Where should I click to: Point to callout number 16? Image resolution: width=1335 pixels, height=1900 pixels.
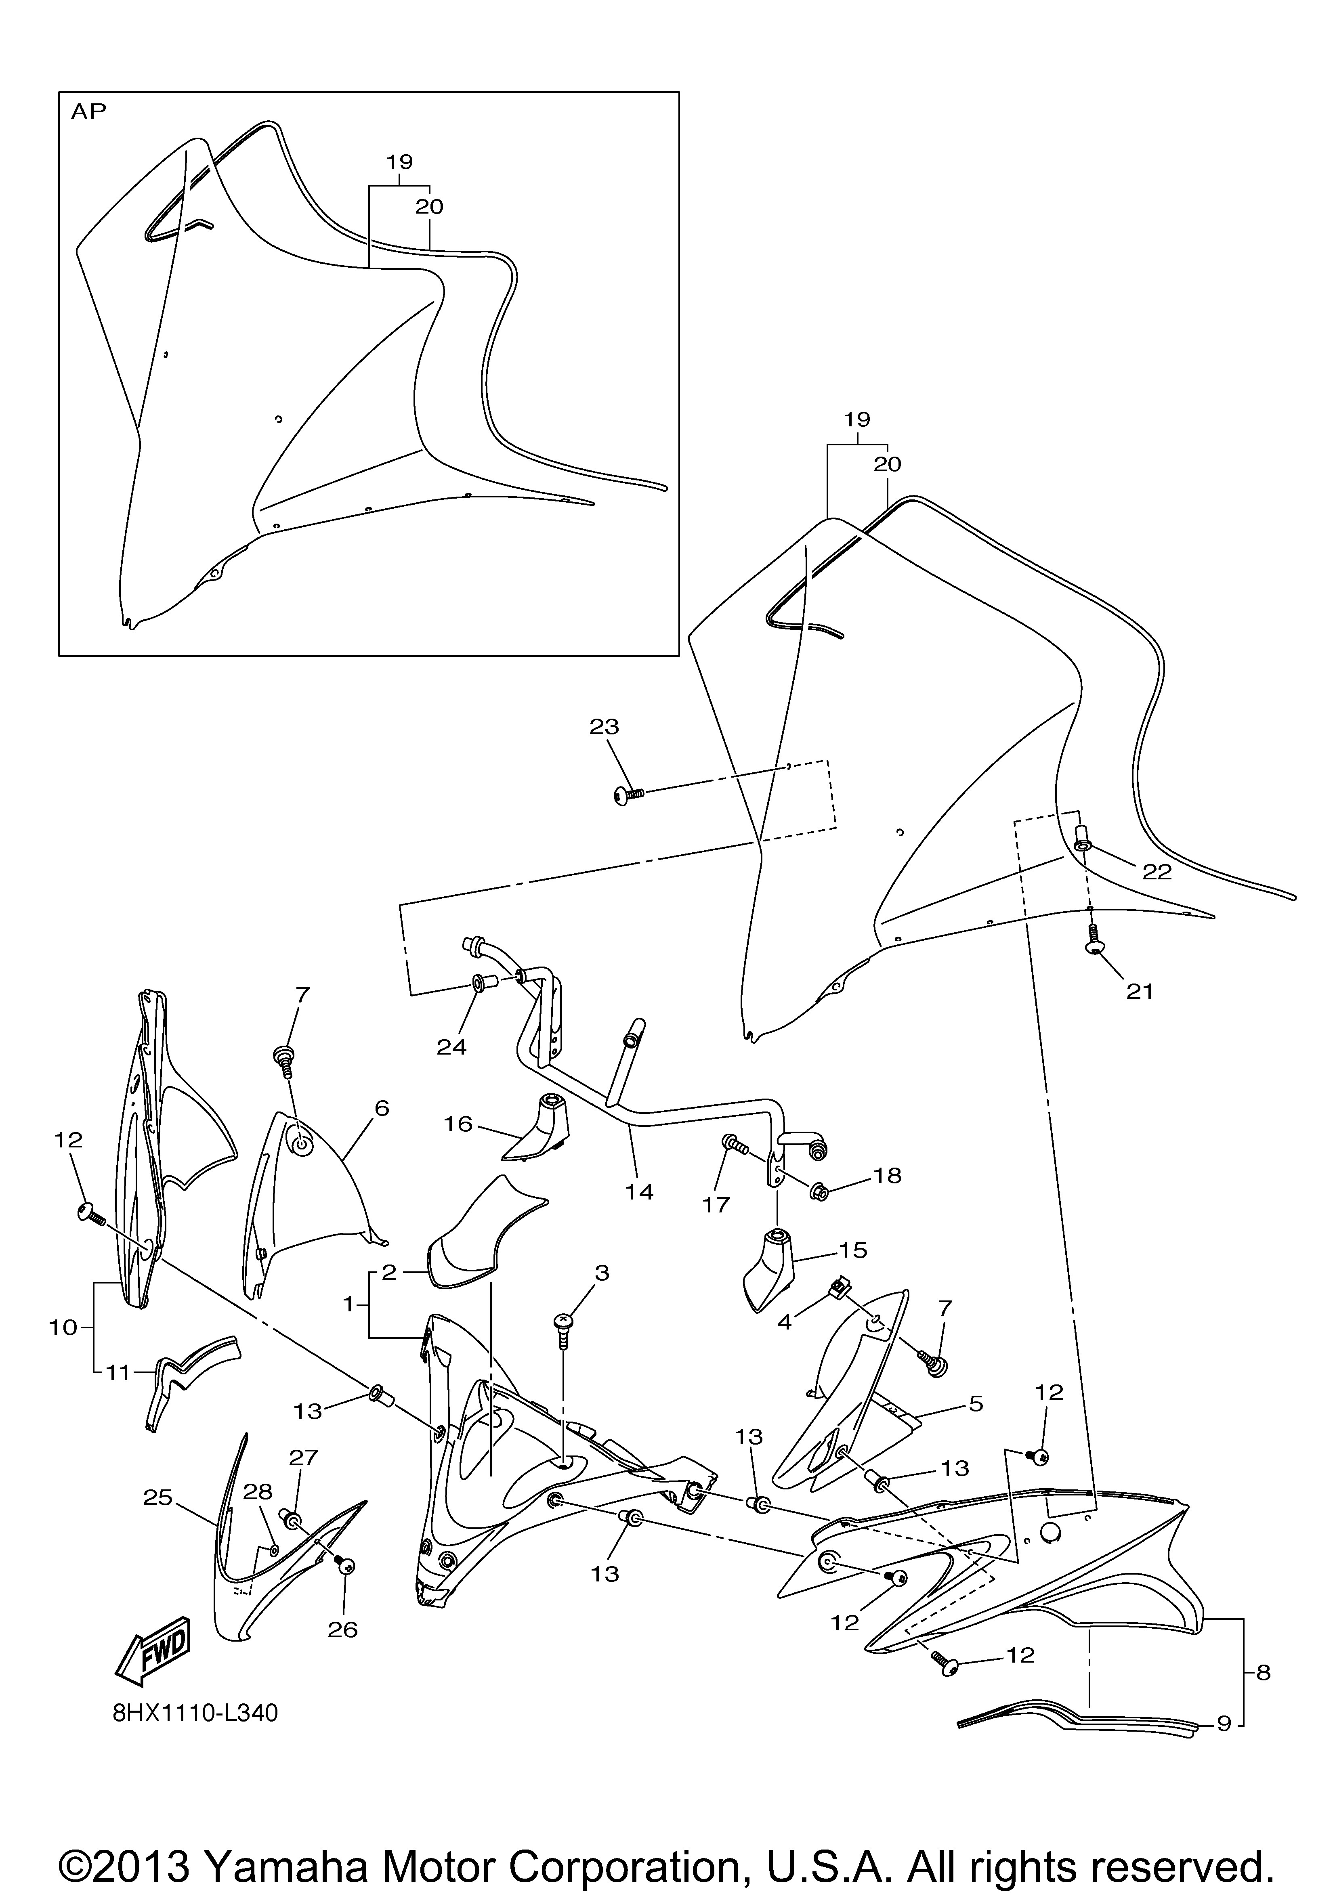(458, 1124)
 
